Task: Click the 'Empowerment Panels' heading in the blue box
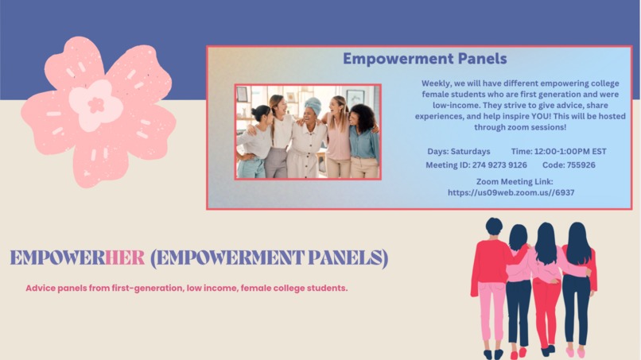(x=424, y=59)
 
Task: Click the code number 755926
(x=580, y=165)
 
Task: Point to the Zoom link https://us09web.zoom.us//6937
(x=511, y=192)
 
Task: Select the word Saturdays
(x=470, y=151)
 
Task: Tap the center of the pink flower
(x=96, y=104)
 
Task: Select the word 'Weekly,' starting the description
(x=437, y=83)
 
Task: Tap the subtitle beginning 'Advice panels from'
(x=186, y=288)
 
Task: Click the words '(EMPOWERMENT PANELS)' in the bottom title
(x=269, y=257)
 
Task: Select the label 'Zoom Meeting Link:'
(x=511, y=181)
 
